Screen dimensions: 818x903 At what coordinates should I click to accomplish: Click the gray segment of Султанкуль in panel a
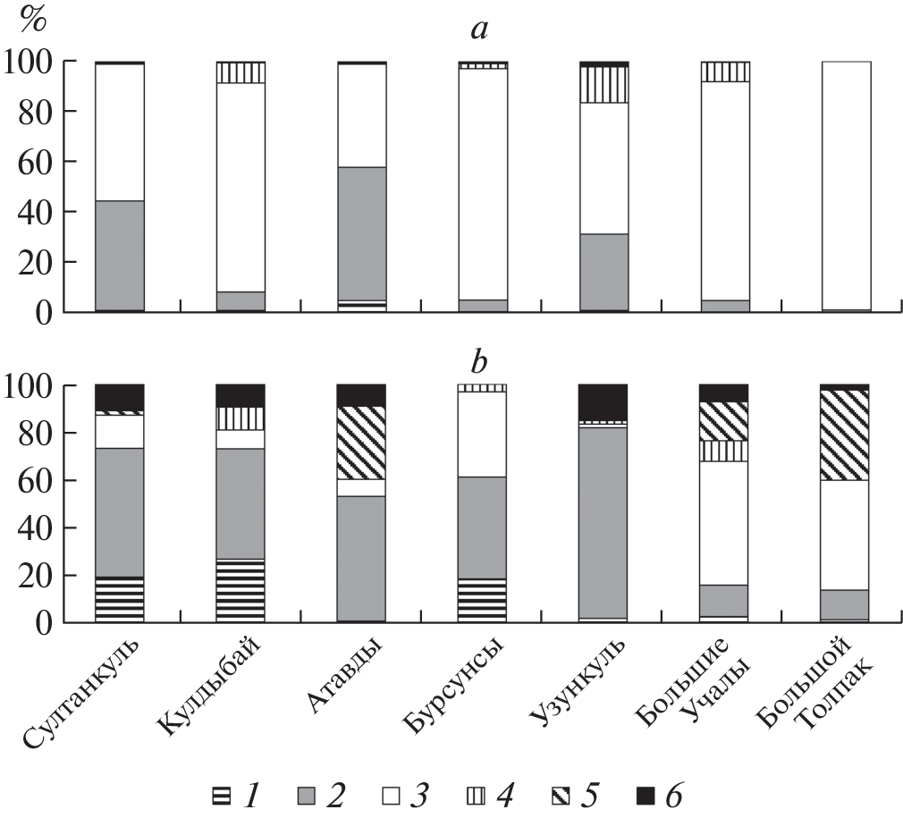pos(120,255)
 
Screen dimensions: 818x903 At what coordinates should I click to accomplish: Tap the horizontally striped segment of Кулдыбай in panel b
pos(241,591)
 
